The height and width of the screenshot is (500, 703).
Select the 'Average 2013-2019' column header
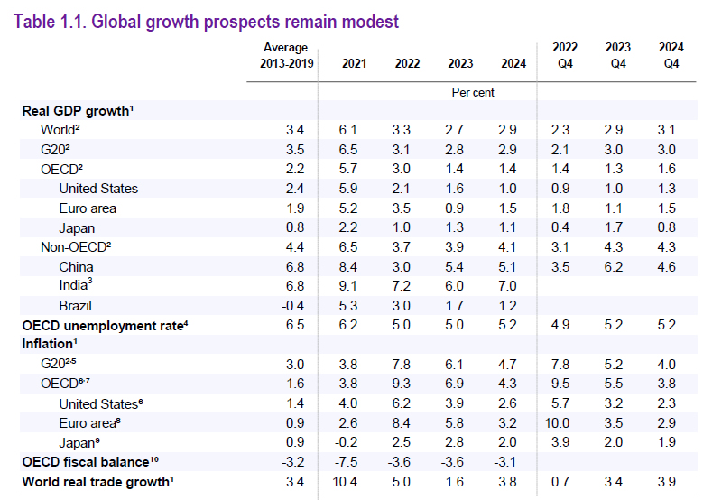click(285, 55)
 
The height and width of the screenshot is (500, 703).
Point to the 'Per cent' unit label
click(472, 92)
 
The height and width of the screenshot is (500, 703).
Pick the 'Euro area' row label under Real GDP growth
click(88, 208)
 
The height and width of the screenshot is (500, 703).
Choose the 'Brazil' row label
click(75, 306)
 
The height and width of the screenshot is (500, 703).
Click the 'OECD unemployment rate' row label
click(105, 325)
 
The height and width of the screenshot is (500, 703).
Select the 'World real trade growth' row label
click(96, 482)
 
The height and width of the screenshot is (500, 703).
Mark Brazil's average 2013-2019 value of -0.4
click(293, 306)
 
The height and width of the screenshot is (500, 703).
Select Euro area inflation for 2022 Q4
click(565, 423)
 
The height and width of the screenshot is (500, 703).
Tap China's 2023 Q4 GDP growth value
click(617, 267)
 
